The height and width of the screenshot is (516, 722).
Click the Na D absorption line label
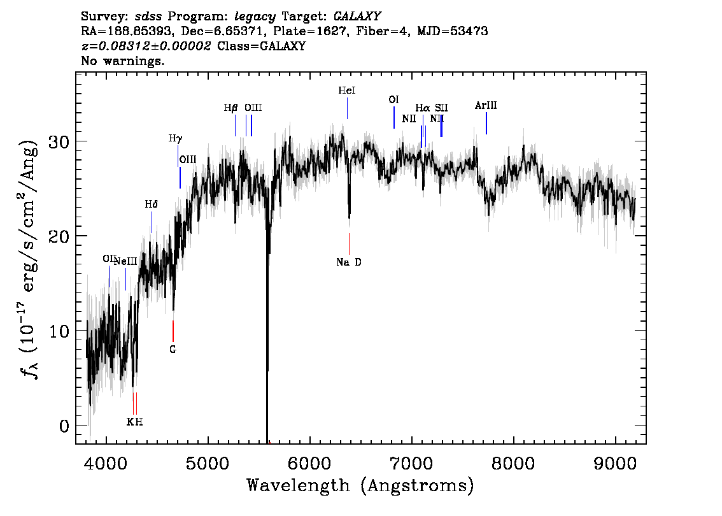[348, 262]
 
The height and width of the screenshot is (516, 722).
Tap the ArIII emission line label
[486, 106]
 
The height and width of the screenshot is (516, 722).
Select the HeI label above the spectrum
[347, 90]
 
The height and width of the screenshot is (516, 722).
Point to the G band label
[173, 349]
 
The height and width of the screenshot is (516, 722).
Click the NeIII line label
[125, 261]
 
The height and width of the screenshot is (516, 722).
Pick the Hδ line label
[151, 204]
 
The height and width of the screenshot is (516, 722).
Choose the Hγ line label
[176, 138]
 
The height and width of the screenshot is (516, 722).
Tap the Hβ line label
[230, 108]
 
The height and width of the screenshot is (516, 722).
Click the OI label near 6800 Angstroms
[393, 99]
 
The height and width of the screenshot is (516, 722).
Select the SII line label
[441, 108]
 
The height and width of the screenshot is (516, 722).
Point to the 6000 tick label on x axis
[309, 463]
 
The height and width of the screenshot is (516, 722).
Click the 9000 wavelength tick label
[614, 463]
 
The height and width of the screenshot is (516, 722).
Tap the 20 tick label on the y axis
[59, 236]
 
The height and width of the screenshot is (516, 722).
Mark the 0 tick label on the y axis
[64, 426]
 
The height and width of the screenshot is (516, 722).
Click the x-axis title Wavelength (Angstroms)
[360, 485]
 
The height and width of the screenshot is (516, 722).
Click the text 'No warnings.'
[122, 61]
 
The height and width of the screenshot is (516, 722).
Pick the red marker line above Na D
[349, 244]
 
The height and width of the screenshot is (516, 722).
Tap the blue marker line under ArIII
[486, 124]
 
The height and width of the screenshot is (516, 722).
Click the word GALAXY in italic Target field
[357, 17]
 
